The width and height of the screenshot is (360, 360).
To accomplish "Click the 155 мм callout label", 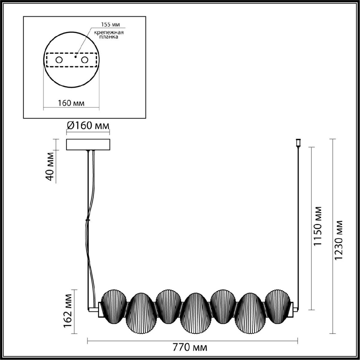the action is click(110, 25).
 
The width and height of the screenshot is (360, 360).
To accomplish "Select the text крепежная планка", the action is click(109, 34).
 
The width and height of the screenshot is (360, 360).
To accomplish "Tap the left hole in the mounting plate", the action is click(59, 60).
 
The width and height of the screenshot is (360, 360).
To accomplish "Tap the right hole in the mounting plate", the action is click(85, 60).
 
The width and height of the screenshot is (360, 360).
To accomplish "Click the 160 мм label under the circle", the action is click(71, 103).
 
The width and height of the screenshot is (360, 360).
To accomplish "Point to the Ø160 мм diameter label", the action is click(88, 126).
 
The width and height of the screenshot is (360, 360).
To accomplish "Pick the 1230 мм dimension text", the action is click(338, 240).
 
